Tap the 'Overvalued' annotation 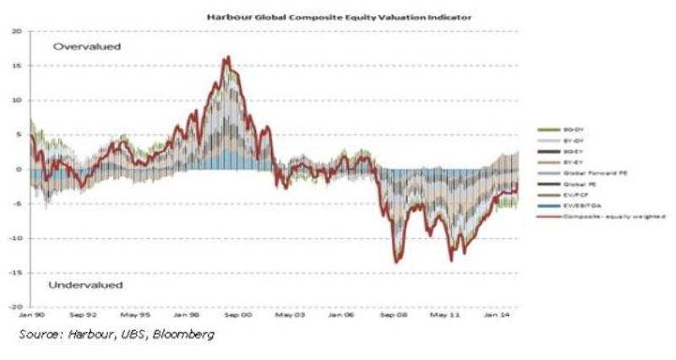88,46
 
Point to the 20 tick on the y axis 16,31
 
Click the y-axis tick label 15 16,66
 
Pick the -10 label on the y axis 14,238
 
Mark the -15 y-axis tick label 14,272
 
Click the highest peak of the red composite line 226,57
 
